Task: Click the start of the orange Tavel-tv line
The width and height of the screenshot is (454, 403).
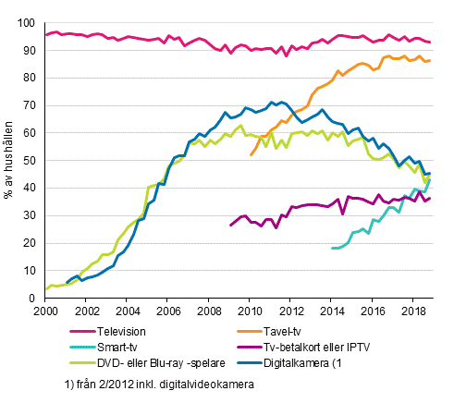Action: point(251,154)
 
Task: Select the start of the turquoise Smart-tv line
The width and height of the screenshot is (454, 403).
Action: point(332,248)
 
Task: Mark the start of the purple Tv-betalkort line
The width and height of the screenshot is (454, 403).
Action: point(230,226)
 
